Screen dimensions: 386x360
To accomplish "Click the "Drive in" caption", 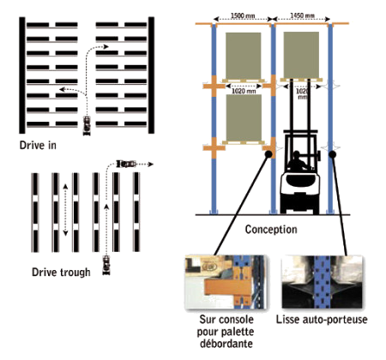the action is [38, 146].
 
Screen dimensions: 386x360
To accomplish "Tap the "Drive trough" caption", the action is [61, 273].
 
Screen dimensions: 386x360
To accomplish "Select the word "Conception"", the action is [271, 230].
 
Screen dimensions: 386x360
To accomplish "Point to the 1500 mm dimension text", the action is [243, 15].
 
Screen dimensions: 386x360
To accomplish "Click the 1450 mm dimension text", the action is [302, 15].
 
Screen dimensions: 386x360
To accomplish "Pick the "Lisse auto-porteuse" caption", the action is [322, 320].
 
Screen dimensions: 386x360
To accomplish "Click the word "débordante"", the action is [226, 344].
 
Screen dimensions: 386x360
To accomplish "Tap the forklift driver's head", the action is [297, 154].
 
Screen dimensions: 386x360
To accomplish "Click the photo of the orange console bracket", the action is [226, 282].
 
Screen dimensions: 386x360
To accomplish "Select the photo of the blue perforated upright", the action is [322, 282].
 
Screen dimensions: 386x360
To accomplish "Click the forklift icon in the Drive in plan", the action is [87, 125].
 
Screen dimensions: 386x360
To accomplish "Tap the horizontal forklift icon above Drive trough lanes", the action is [126, 164].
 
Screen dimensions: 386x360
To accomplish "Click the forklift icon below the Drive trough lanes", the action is [106, 266].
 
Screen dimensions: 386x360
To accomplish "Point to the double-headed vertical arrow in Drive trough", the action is [65, 210].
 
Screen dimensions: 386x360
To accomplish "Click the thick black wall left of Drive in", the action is [22, 75].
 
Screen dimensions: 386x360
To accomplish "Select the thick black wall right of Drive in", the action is [151, 75].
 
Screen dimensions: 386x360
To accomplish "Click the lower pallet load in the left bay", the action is [244, 117].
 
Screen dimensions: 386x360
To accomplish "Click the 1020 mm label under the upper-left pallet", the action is [244, 91].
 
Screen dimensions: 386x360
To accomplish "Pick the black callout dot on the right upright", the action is [332, 154].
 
